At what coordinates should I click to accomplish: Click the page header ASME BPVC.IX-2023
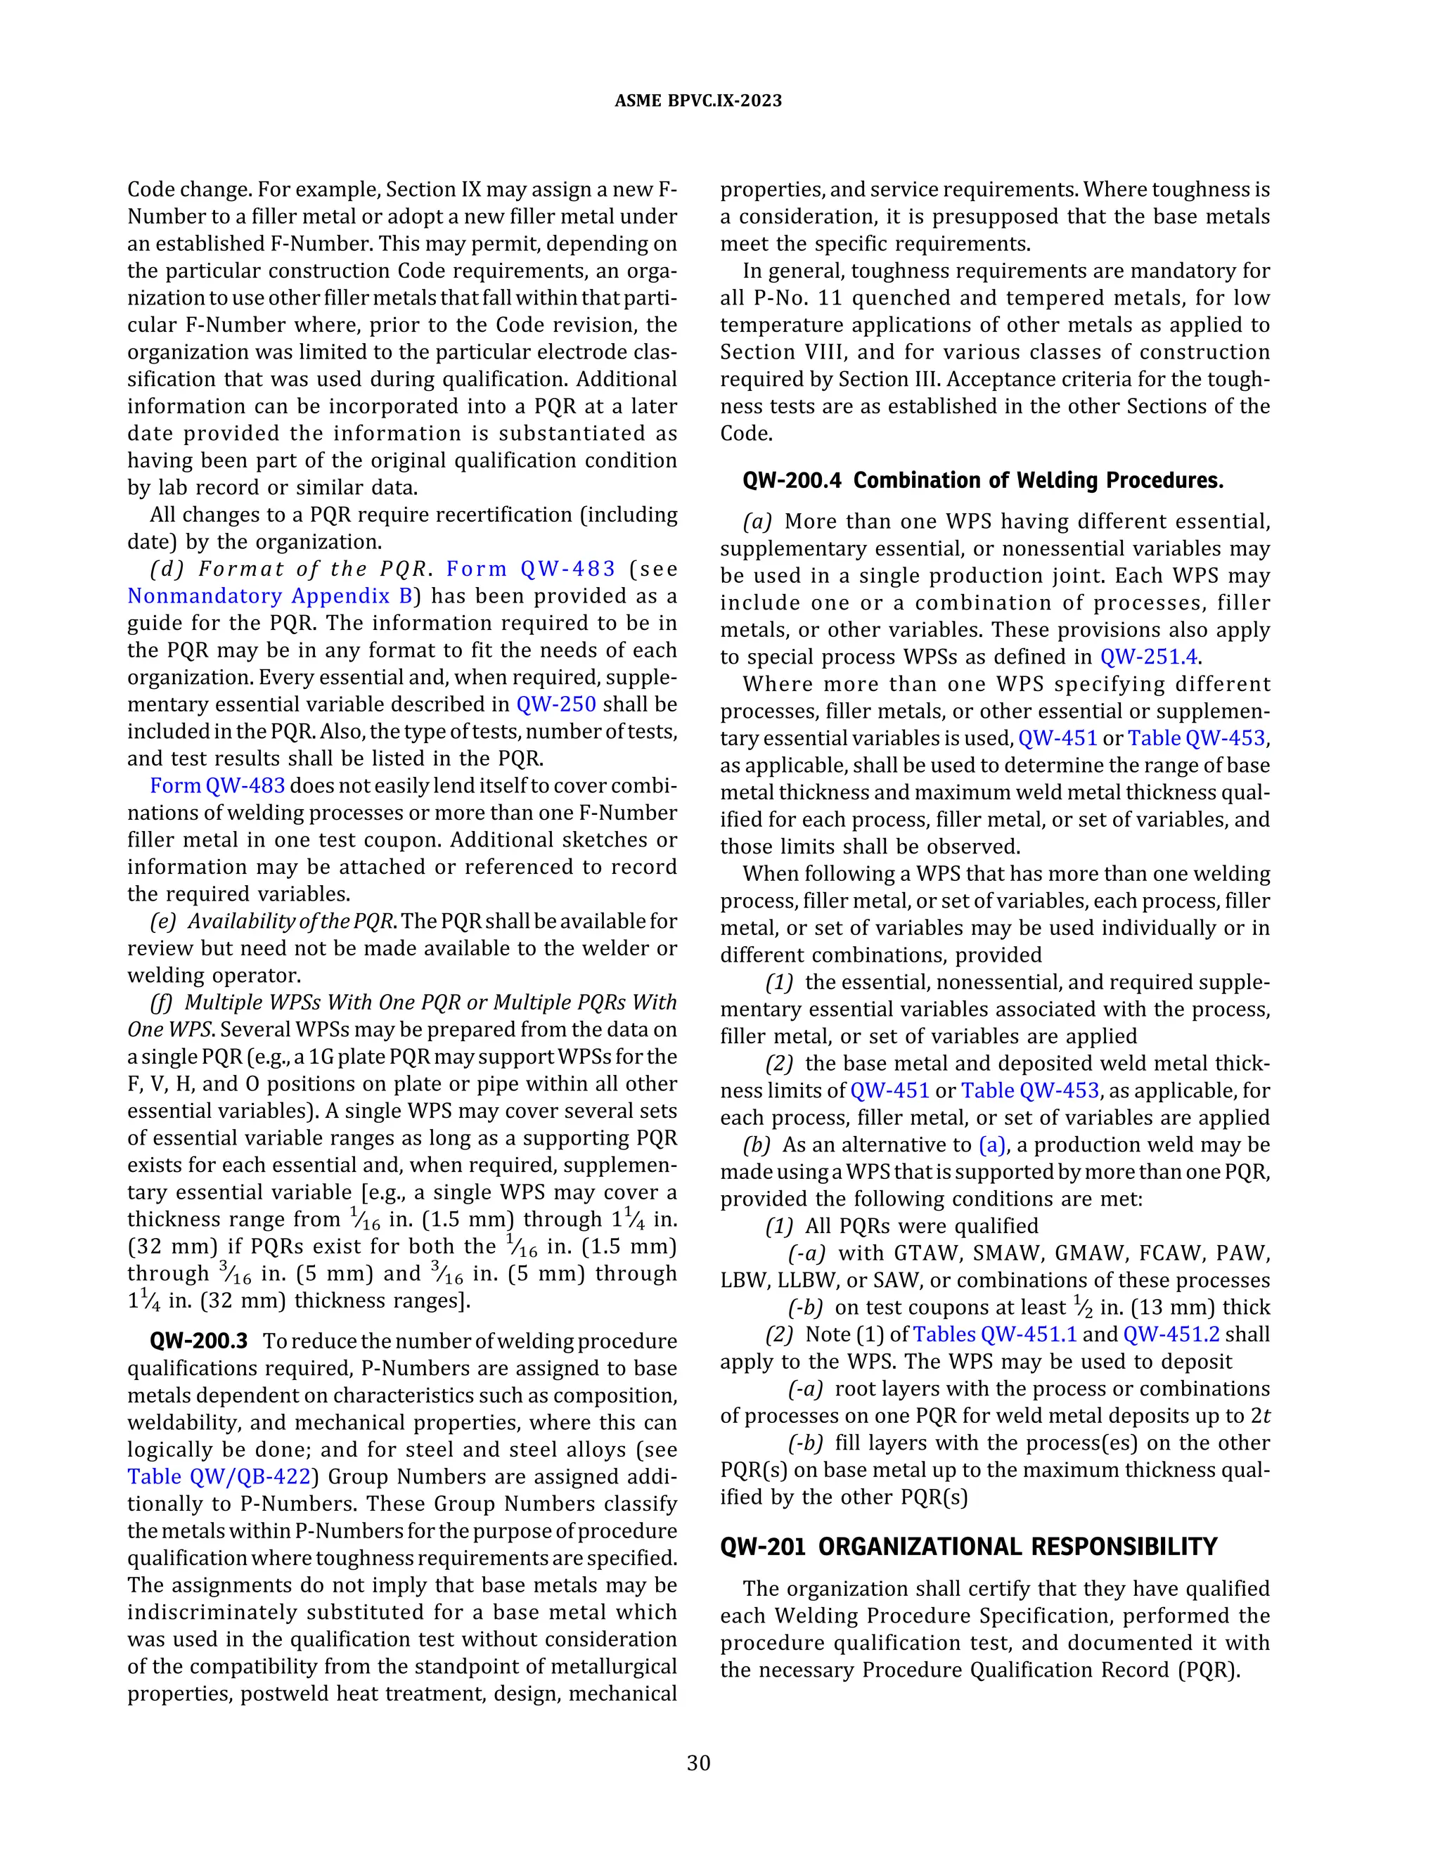coord(697,101)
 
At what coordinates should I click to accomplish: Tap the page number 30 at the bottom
coord(697,1762)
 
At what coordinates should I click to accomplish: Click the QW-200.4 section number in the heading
coord(792,480)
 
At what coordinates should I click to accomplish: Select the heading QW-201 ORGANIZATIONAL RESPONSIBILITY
coord(968,1547)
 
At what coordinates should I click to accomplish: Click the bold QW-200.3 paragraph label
coord(198,1341)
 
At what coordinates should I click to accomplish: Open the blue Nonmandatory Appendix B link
coord(269,595)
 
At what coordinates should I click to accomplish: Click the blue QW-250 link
coord(556,704)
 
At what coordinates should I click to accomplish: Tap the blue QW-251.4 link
coord(1148,657)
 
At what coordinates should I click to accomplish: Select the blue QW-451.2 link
coord(1171,1334)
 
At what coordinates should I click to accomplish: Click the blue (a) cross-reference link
coord(992,1145)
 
